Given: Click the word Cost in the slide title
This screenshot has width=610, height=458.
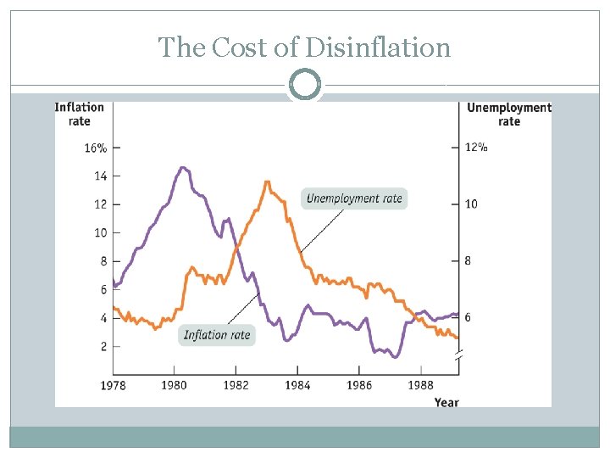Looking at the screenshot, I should [247, 47].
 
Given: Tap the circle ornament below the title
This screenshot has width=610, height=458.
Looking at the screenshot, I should [305, 85].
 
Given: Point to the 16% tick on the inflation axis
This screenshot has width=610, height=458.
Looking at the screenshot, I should [96, 148].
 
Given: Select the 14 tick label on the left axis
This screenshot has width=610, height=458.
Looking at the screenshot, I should [100, 176].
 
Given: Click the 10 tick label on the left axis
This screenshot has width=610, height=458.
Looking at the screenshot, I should [100, 232].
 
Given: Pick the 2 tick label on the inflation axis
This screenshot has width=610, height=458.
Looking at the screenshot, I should [103, 346].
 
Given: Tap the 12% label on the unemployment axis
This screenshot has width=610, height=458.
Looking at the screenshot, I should [476, 148].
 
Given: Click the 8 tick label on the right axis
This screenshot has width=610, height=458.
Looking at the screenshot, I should [469, 260].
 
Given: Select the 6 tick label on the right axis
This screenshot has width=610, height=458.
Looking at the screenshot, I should [469, 317].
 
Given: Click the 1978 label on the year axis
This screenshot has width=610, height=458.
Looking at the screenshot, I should [114, 386].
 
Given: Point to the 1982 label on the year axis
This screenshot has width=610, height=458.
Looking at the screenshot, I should [236, 386].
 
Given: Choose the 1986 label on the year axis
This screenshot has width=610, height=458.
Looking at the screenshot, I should [359, 386].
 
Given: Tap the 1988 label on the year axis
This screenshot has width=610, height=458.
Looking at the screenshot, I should [421, 386].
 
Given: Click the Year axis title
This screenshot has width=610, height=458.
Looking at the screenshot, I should [446, 401].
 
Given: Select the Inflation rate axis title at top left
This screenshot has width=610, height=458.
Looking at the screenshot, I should [79, 114].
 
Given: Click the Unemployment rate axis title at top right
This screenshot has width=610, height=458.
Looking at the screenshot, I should [508, 114].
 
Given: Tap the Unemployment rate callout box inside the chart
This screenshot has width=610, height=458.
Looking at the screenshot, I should [354, 198].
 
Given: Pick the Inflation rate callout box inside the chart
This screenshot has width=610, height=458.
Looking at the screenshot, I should [217, 334].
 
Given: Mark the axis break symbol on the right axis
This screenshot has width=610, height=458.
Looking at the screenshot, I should [458, 360].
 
